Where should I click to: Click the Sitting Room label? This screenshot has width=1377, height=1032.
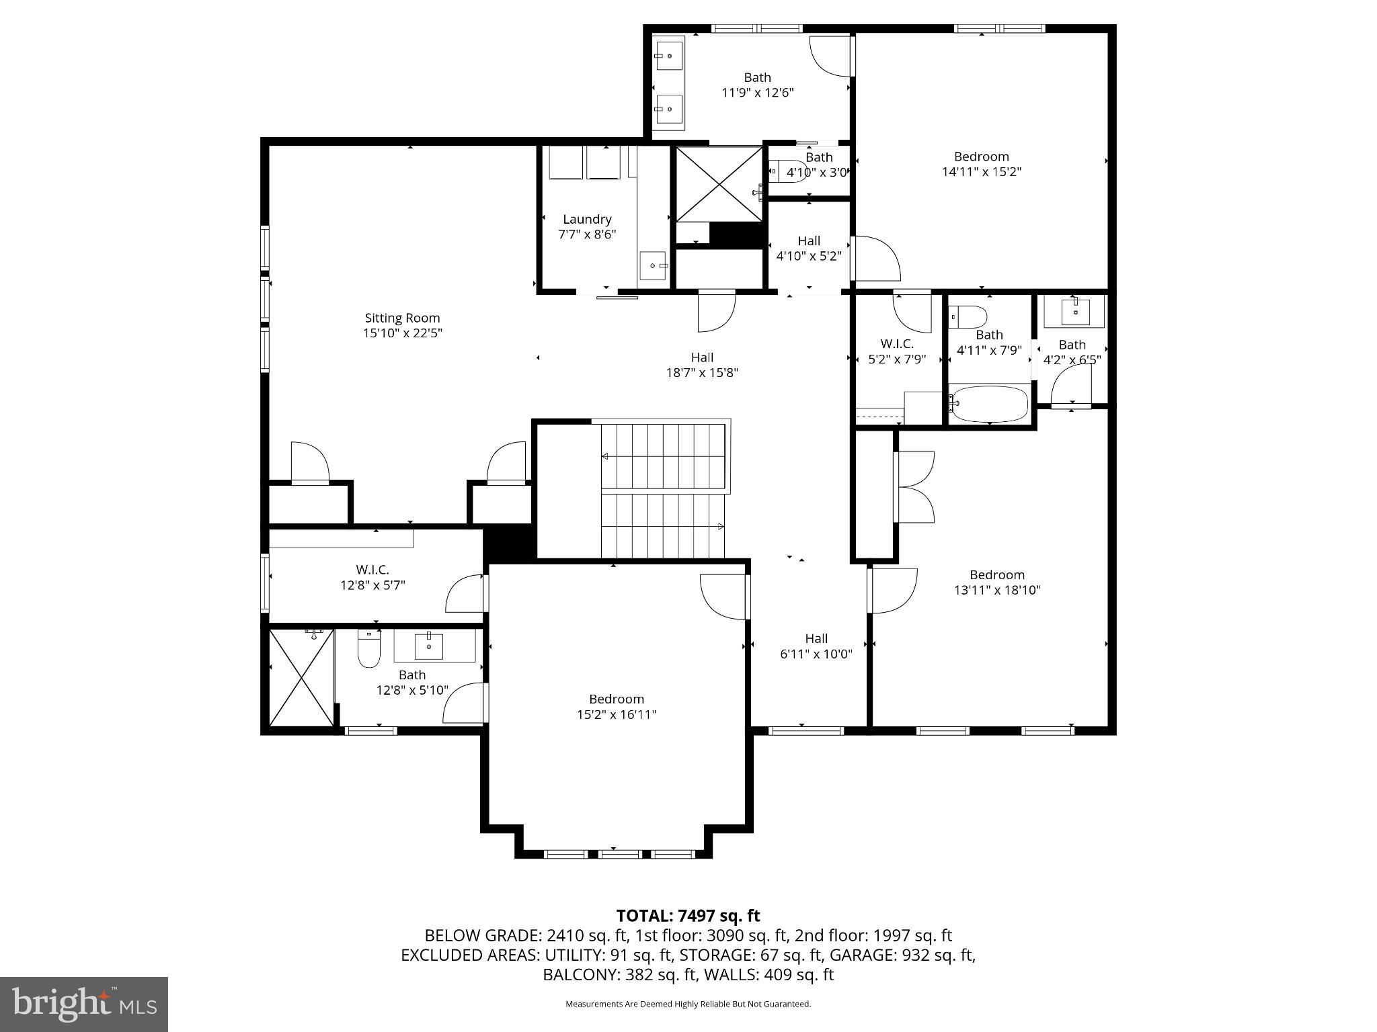(402, 318)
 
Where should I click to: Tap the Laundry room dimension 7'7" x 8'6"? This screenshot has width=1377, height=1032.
(587, 234)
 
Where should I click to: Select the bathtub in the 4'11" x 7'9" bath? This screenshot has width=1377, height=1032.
(988, 403)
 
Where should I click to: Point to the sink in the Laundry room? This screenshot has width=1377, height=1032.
(653, 266)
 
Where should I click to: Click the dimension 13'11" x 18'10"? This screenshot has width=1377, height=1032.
(997, 590)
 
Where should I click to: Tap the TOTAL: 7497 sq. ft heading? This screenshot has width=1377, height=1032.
(688, 915)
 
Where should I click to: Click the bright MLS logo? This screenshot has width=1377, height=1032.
(84, 1004)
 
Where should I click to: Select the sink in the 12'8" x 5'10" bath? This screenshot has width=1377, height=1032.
(428, 646)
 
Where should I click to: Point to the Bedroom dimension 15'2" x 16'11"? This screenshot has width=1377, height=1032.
(617, 714)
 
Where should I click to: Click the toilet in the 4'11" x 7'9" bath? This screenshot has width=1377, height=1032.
(967, 315)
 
